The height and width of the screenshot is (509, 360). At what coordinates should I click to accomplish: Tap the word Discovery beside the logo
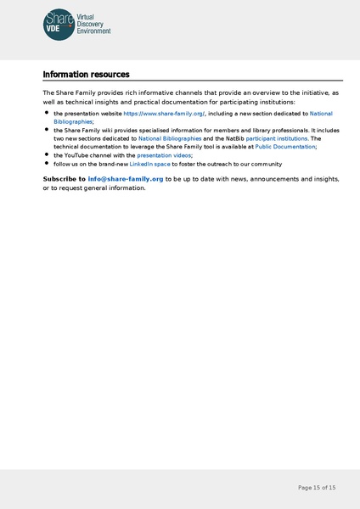coord(92,24)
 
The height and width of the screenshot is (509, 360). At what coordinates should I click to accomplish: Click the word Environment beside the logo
coord(94,31)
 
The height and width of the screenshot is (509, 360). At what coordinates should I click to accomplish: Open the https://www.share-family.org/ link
coord(164,113)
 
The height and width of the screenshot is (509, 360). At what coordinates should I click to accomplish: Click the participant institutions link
coord(278,138)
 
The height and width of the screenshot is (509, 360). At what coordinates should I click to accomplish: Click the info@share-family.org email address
coord(126,179)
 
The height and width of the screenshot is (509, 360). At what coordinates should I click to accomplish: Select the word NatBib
coord(233,138)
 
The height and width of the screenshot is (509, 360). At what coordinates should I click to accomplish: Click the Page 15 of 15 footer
coord(317,488)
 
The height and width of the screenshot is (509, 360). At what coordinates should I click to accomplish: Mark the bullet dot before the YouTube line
coord(46,154)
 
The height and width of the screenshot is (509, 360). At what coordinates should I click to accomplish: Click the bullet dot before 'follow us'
coord(46,163)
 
